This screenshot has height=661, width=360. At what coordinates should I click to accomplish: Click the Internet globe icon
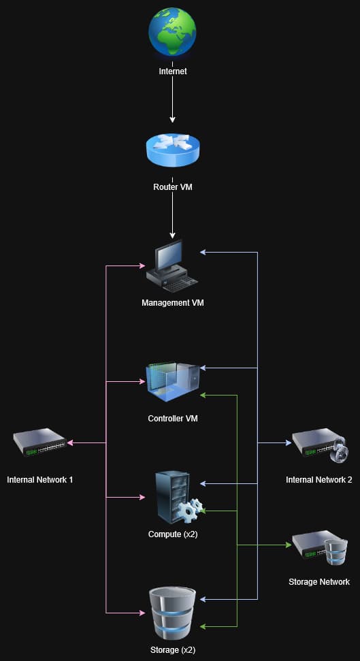click(172, 33)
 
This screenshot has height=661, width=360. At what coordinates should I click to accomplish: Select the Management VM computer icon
click(172, 265)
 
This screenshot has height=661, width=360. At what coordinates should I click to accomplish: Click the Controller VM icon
click(172, 382)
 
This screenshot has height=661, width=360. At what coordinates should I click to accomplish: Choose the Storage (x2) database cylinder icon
click(172, 613)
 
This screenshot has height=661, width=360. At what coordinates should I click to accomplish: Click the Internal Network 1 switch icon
click(39, 442)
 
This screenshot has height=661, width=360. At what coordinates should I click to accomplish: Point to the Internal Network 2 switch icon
click(321, 443)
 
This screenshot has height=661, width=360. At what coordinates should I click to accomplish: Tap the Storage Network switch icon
click(321, 547)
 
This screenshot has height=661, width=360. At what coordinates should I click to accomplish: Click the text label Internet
click(173, 71)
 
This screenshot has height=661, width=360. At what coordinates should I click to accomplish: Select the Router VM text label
click(173, 187)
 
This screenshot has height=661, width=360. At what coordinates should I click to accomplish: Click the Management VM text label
click(173, 303)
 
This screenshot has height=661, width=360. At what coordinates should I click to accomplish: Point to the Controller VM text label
click(173, 419)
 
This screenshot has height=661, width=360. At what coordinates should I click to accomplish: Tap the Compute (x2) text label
click(173, 534)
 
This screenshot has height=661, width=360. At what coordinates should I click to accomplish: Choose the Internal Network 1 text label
click(40, 479)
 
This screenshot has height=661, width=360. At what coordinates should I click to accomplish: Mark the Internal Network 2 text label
click(319, 479)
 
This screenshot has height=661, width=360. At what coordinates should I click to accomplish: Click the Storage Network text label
click(319, 582)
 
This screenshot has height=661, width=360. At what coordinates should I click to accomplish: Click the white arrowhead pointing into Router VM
click(172, 120)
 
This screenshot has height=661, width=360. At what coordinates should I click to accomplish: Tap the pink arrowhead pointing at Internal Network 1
click(70, 442)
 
